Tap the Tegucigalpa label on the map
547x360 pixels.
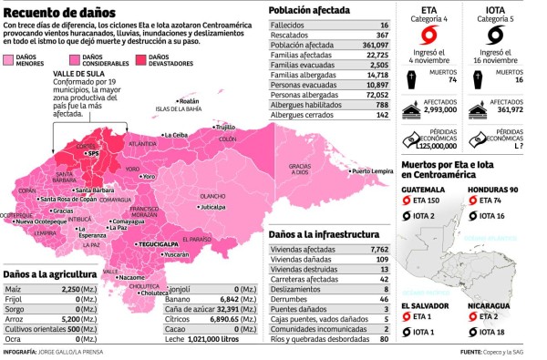(158, 244)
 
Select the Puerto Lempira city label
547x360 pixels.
(373, 170)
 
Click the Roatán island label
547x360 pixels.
(189, 101)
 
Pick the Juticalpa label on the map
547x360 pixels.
(212, 207)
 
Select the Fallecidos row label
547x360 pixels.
(288, 24)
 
